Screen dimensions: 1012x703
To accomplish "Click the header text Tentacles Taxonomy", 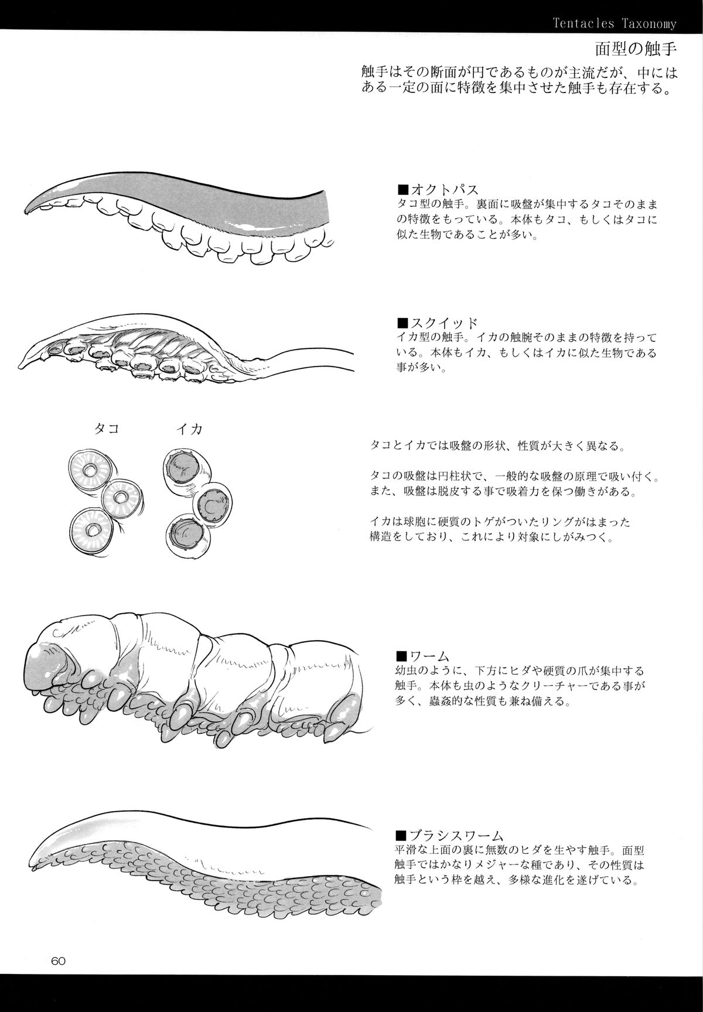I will click(615, 24).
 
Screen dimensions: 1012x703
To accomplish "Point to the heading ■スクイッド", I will click(437, 323).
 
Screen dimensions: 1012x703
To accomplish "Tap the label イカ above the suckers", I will click(189, 429).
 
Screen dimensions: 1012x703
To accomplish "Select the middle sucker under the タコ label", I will click(122, 498).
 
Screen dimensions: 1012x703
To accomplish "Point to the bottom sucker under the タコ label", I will click(92, 529).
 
